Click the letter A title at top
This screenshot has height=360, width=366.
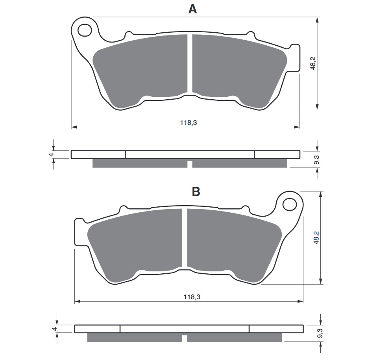pyautogui.click(x=192, y=9)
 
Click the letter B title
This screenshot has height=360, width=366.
pyautogui.click(x=196, y=191)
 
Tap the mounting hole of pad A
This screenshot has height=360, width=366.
pyautogui.click(x=85, y=30)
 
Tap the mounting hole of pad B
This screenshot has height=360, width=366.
pyautogui.click(x=289, y=205)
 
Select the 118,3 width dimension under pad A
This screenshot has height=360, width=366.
pyautogui.click(x=189, y=122)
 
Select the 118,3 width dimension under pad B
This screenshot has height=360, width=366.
pyautogui.click(x=192, y=297)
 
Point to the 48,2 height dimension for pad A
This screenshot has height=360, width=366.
pyautogui.click(x=313, y=63)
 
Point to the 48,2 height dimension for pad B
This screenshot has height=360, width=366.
pyautogui.click(x=316, y=238)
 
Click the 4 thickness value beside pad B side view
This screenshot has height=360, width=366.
pyautogui.click(x=55, y=329)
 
